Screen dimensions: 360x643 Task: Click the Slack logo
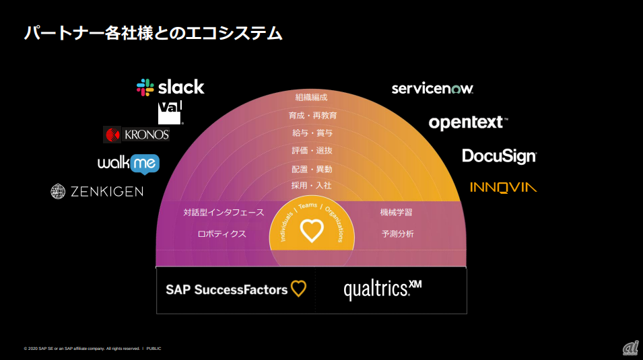(x=170, y=87)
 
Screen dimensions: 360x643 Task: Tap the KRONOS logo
(x=137, y=135)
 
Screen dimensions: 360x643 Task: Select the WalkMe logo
(x=129, y=163)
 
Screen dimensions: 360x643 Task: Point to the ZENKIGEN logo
(x=97, y=192)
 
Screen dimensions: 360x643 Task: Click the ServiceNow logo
(x=432, y=88)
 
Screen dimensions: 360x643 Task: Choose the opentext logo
(x=468, y=122)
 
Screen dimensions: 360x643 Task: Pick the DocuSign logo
(x=499, y=156)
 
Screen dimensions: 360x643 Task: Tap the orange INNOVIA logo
(x=503, y=187)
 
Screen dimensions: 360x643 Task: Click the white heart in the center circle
(x=312, y=230)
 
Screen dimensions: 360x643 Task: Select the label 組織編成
(x=312, y=97)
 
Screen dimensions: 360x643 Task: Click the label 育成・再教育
(x=312, y=116)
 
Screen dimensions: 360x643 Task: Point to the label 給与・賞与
(x=312, y=133)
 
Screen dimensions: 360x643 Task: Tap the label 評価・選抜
(x=312, y=151)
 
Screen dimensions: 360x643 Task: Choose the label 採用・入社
(x=312, y=185)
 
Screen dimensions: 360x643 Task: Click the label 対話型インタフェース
(x=224, y=213)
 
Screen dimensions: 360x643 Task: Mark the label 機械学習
(x=396, y=213)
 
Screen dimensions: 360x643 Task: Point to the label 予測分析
(x=397, y=234)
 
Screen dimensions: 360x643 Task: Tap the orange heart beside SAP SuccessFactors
(x=298, y=289)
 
